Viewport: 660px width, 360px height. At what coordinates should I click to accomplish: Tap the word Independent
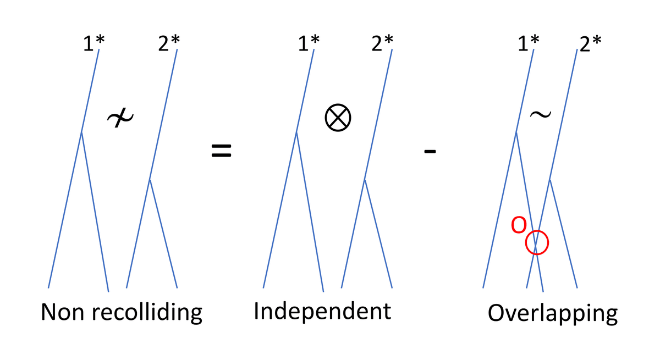(322, 312)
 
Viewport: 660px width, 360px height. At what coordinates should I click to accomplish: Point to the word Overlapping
(552, 314)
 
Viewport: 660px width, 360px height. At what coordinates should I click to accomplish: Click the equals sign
(222, 151)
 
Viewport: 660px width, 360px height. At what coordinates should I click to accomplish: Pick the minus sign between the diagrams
(430, 152)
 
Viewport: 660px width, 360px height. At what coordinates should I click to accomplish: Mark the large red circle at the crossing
(537, 242)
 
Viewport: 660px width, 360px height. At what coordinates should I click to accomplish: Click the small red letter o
(518, 225)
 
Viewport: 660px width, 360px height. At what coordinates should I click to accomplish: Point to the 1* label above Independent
(306, 43)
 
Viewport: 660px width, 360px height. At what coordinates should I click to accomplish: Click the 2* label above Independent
(382, 43)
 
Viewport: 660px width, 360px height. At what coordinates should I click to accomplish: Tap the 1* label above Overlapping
(527, 43)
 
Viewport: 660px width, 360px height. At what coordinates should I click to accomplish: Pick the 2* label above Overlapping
(590, 44)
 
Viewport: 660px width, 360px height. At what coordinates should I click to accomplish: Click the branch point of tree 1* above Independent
(296, 132)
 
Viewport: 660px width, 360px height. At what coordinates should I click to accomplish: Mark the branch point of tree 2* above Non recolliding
(150, 180)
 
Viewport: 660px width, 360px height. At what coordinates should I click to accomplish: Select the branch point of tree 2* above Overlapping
(550, 180)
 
